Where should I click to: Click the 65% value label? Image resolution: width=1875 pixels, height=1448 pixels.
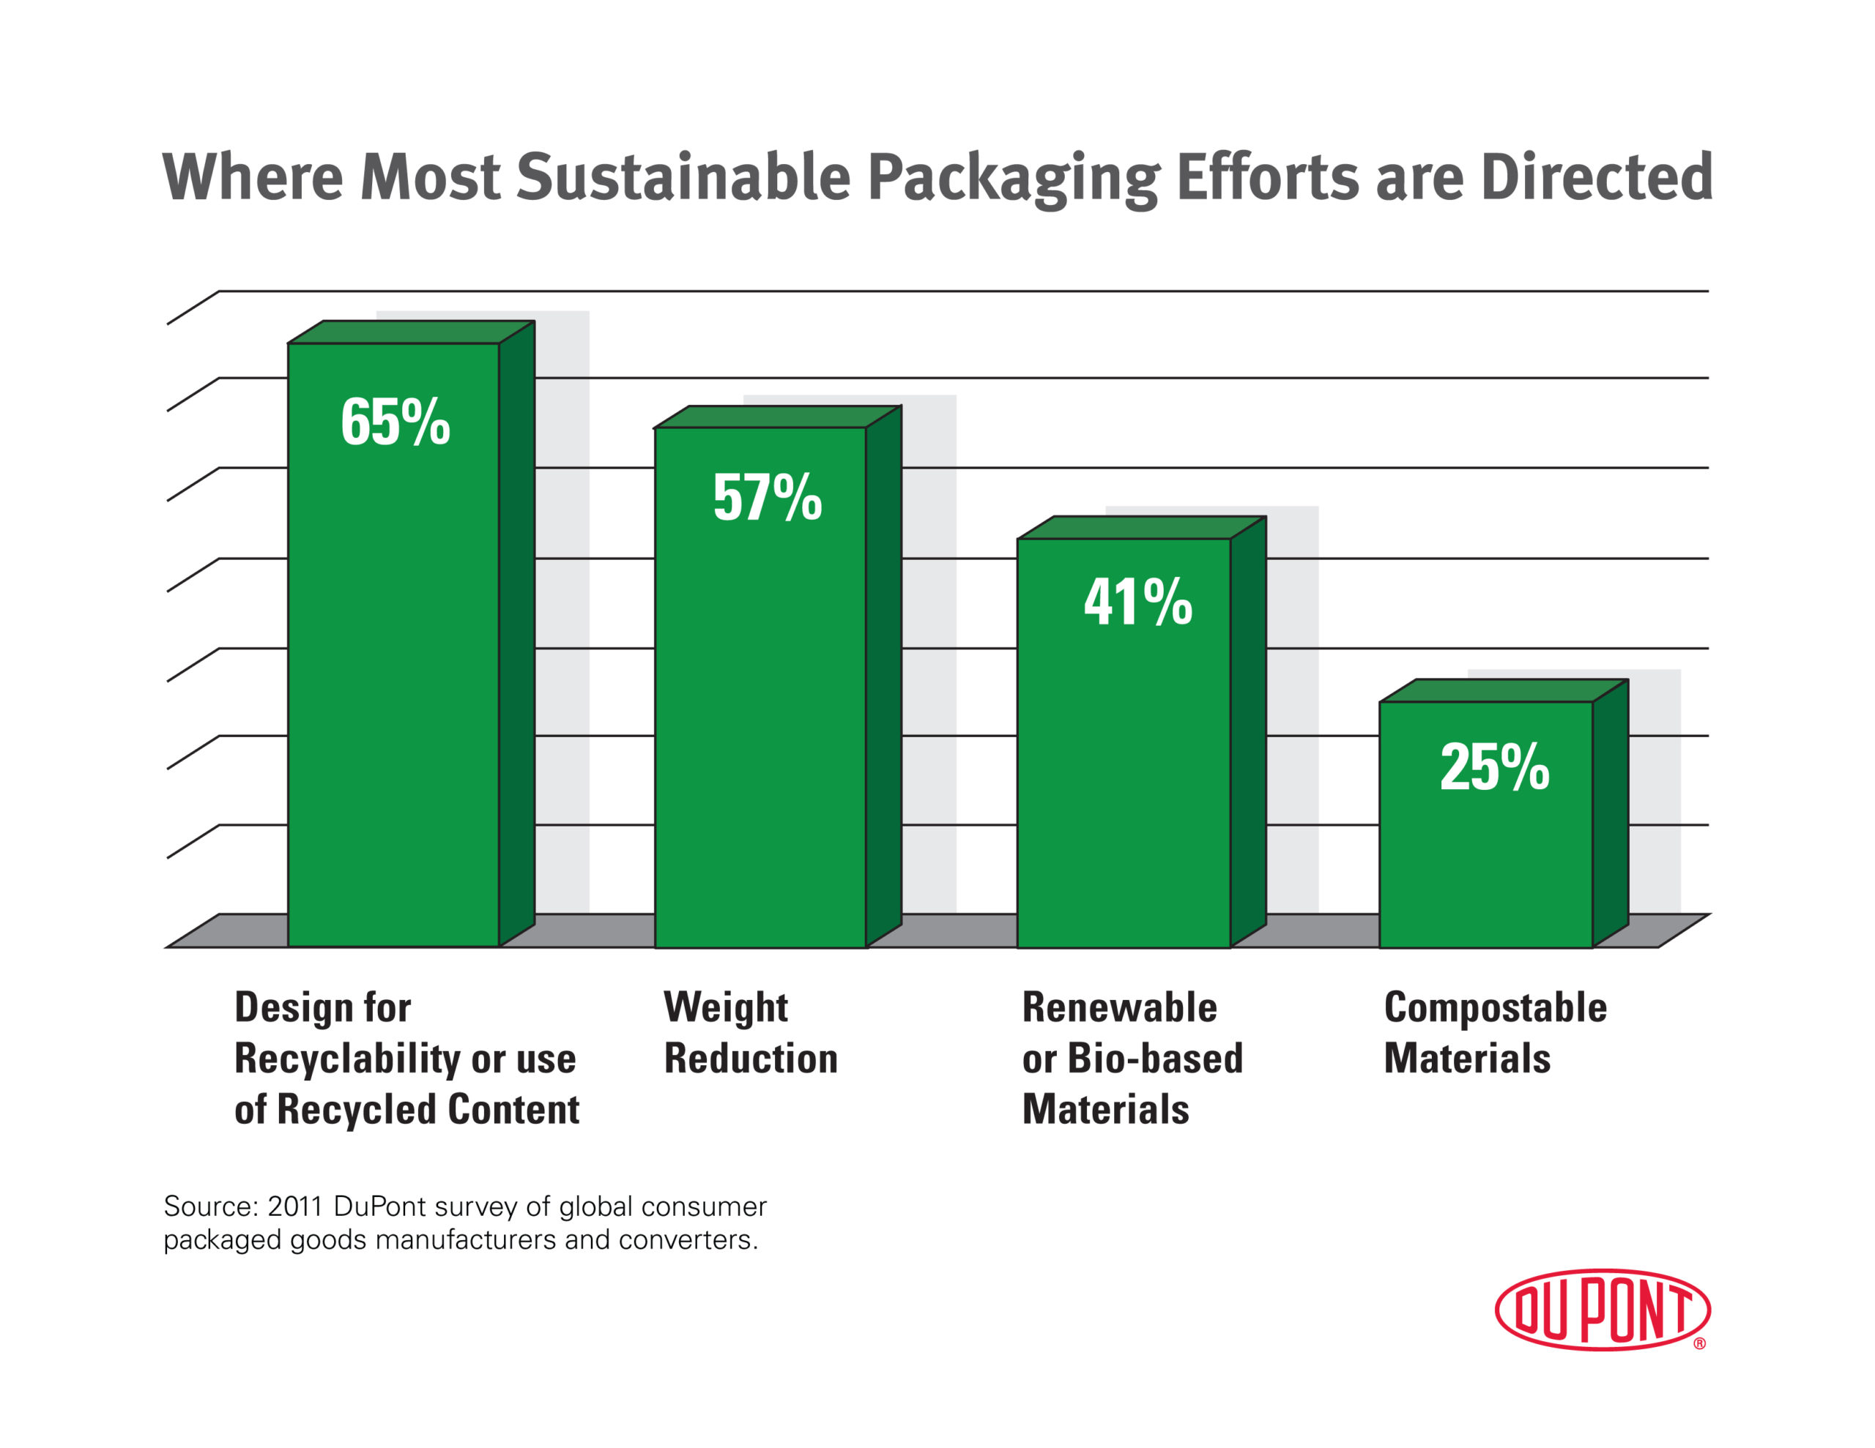[395, 422]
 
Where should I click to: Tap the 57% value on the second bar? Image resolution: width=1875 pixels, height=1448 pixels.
[767, 498]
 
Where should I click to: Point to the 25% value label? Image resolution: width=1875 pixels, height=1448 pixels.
[1495, 766]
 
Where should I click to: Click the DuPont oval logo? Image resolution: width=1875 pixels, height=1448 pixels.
[1602, 1310]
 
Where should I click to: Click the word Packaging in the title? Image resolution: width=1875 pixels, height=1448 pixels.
[1013, 179]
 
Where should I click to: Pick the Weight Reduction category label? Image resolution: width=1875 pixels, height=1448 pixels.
[750, 1033]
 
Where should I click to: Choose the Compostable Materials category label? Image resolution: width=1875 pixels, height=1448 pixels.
[1495, 1033]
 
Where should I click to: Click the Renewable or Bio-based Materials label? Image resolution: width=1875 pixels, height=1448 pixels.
[1132, 1058]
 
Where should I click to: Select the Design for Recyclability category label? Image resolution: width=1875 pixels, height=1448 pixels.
[406, 1058]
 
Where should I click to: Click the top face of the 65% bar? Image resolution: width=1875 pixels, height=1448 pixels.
[410, 332]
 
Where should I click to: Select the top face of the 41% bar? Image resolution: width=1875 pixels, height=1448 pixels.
[1141, 527]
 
